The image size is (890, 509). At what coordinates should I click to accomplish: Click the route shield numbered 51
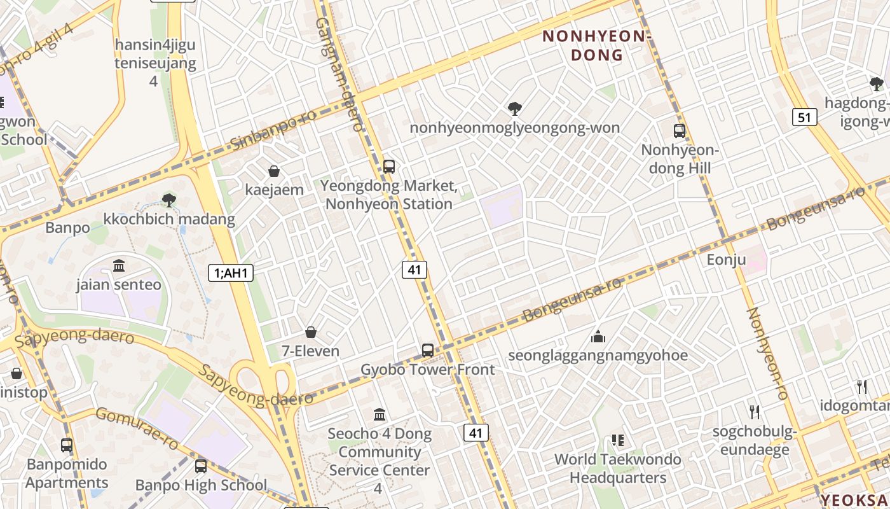804,117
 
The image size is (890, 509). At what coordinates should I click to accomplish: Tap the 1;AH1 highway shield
231,274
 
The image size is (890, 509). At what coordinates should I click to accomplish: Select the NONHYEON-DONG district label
596,46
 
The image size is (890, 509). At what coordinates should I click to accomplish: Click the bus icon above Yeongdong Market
389,167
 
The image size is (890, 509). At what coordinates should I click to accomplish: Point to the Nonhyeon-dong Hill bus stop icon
680,131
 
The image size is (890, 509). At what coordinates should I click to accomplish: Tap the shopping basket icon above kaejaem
274,171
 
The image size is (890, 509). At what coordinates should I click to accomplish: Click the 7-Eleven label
310,351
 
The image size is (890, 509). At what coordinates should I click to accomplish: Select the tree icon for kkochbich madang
168,200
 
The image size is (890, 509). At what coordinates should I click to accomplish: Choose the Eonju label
726,260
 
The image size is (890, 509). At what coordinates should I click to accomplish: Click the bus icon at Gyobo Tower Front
428,351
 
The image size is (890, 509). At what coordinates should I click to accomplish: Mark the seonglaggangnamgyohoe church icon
598,337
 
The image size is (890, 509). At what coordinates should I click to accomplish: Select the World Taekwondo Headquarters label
617,468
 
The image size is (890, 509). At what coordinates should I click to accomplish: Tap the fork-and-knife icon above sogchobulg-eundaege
755,412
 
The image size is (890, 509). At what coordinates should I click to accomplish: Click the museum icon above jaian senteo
119,265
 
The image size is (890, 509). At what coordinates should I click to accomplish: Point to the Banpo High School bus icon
201,466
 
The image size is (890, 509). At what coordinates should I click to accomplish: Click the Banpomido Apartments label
67,473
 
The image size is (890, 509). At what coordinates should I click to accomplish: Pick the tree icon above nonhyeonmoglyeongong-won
515,109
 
